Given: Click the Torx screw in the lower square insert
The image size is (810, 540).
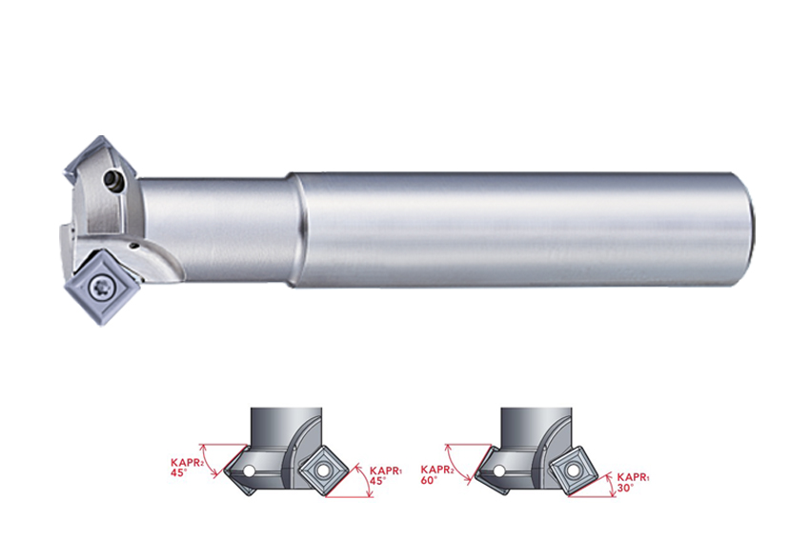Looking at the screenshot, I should (99, 286).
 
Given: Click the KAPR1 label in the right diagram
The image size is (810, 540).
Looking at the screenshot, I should (634, 476).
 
